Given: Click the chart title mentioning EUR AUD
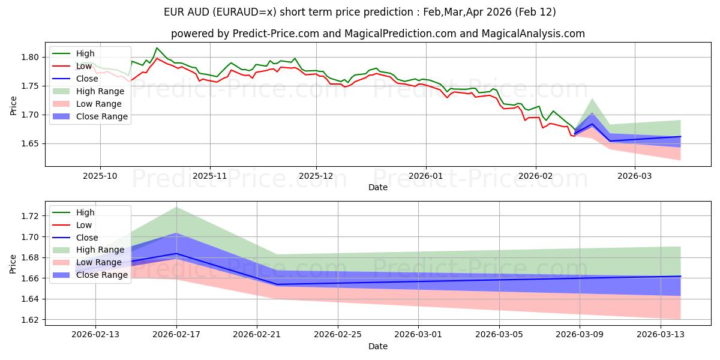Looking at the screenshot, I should tap(360, 12).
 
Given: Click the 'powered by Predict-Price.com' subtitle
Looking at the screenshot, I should tap(378, 34).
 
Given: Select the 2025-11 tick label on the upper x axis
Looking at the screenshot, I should tap(209, 176).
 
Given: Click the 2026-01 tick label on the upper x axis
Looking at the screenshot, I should tap(426, 176).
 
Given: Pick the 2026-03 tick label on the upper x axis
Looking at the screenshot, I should tap(635, 176).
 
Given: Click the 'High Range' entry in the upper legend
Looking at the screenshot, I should tap(99, 91).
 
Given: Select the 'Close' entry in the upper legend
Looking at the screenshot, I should tap(87, 79).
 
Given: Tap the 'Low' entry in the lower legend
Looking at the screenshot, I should tap(84, 225).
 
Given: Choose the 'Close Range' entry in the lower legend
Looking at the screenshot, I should tap(102, 275).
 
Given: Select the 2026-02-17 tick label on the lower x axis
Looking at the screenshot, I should tap(176, 334).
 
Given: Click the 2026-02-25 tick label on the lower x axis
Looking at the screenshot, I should tap(338, 334).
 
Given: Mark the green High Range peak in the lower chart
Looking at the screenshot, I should tap(176, 207).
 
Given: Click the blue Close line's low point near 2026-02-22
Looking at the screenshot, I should tap(277, 284).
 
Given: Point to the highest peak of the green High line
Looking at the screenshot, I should tap(157, 48).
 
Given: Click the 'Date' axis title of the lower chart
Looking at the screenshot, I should tap(378, 346).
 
